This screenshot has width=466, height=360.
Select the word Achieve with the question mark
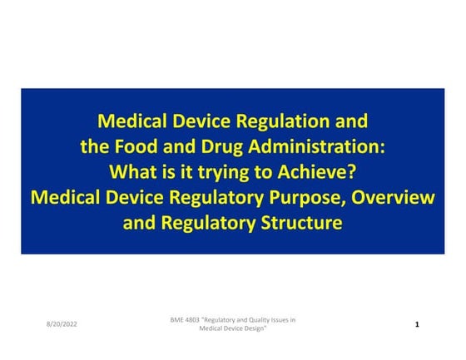pos(320,172)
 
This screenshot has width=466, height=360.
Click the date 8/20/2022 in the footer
pos(62,323)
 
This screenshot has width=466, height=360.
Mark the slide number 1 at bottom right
pos(416,323)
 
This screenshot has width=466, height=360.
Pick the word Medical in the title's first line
pos(132,121)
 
